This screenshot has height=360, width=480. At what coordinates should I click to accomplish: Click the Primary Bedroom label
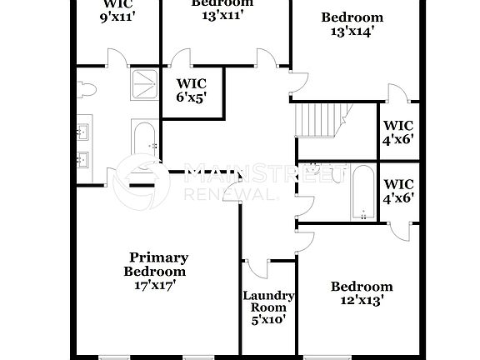click(158, 264)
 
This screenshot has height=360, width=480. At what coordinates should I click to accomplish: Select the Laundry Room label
click(268, 301)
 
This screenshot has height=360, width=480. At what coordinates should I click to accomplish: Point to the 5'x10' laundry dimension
click(268, 318)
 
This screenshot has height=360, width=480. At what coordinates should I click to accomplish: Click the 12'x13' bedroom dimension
click(361, 301)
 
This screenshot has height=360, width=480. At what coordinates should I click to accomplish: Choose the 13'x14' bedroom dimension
click(352, 32)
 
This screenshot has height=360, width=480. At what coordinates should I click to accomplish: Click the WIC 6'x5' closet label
click(191, 90)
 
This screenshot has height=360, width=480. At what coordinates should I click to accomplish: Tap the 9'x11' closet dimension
click(117, 14)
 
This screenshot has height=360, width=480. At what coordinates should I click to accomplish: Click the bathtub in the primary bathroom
click(145, 147)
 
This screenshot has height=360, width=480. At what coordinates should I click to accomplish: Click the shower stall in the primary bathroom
click(144, 82)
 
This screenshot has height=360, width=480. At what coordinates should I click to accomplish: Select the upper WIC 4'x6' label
click(398, 132)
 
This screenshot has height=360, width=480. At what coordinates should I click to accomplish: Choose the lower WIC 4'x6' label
click(398, 191)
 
